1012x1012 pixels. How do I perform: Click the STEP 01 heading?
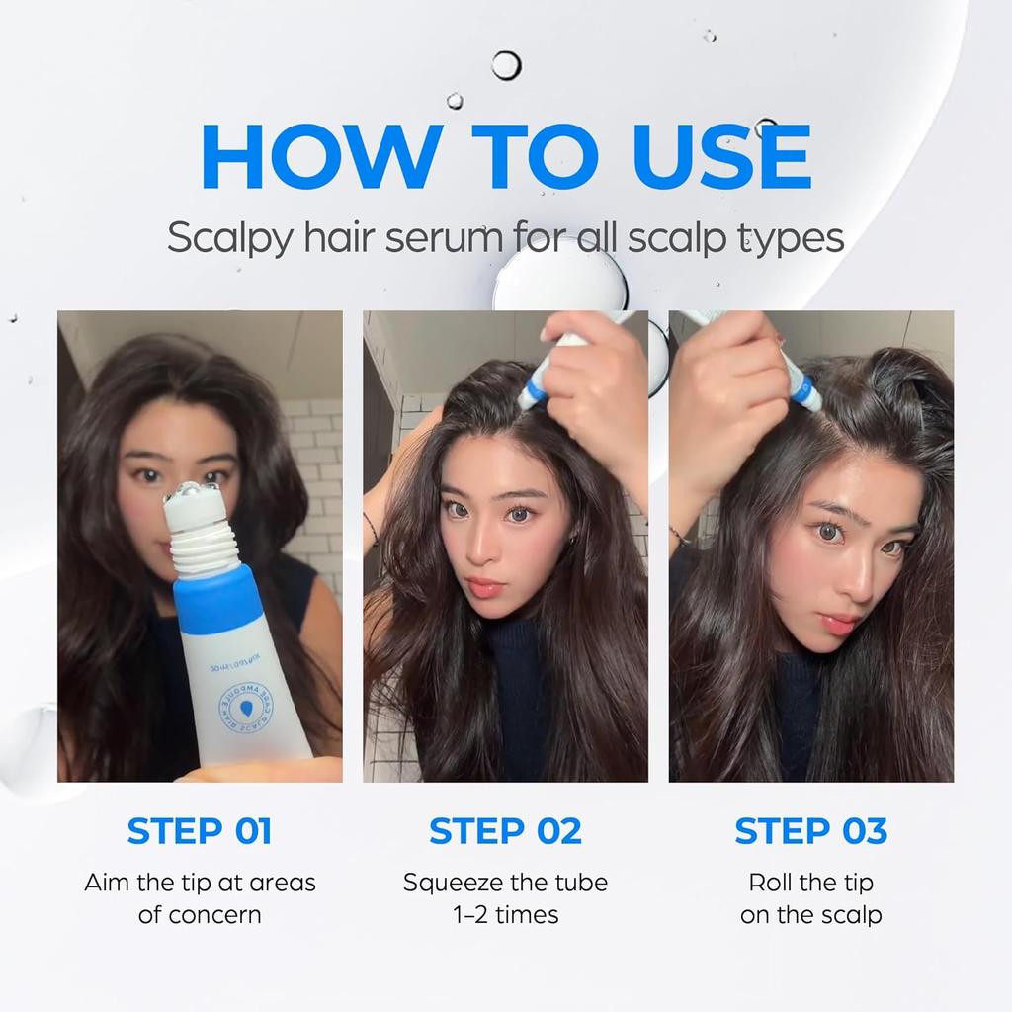[199, 831]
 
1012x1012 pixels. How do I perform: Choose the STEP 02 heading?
[505, 831]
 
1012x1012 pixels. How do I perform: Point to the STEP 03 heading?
[810, 831]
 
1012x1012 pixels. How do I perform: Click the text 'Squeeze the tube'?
[505, 883]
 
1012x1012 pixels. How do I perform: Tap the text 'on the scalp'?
[810, 915]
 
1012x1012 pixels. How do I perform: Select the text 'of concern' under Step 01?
[199, 915]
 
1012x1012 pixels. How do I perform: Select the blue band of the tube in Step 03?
[802, 389]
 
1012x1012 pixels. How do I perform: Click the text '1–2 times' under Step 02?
[505, 915]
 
